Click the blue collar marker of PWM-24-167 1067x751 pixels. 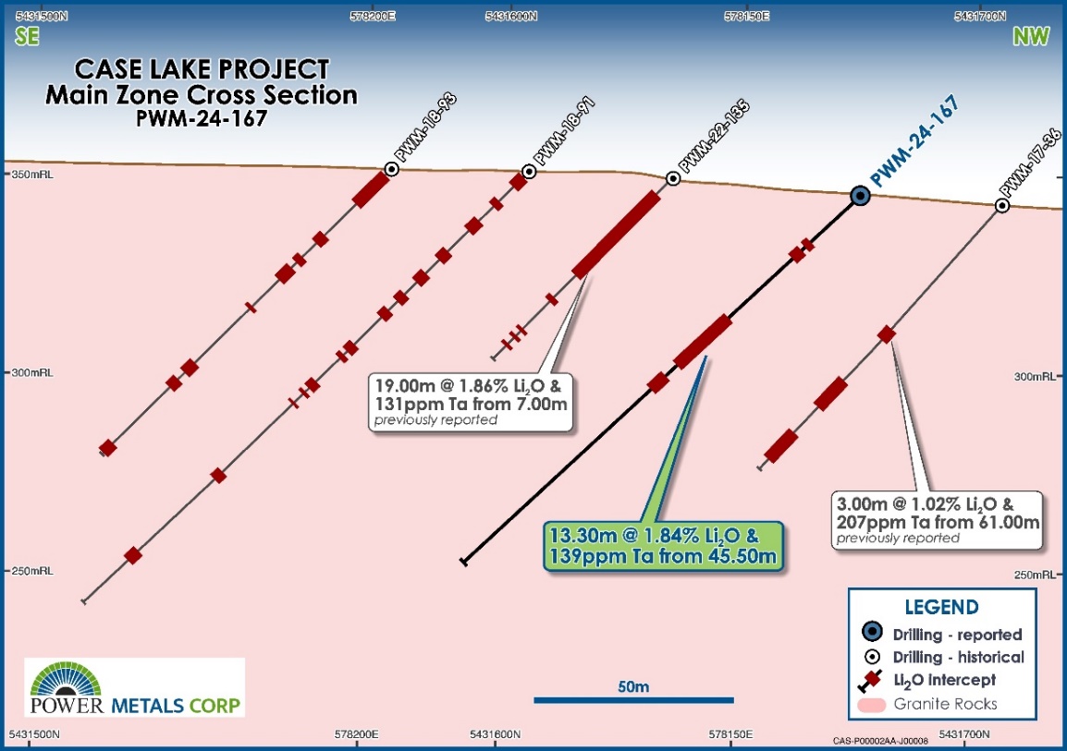point(861,197)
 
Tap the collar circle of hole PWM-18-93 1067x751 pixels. point(391,169)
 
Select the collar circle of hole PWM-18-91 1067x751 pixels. point(529,172)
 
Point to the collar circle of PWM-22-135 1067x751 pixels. point(673,179)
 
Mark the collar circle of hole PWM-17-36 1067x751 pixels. point(1001,205)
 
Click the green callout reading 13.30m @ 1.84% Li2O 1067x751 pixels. point(664,547)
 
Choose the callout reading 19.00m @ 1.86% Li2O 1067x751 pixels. point(471,402)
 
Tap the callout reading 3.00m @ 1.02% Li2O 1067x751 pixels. point(937,520)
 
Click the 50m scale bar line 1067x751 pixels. point(633,700)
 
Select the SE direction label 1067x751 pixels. point(27,36)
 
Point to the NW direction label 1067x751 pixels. point(1031,36)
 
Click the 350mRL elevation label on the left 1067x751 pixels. point(32,175)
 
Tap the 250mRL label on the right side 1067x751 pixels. point(1035,575)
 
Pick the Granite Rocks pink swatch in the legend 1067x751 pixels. point(872,705)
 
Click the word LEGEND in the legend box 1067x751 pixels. point(942,607)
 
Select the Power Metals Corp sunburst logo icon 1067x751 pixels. point(66,678)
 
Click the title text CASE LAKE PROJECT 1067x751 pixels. point(202,69)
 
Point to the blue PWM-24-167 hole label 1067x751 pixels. point(915,141)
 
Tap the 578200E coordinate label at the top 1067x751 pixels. point(373,17)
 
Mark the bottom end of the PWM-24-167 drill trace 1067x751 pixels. point(463,562)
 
